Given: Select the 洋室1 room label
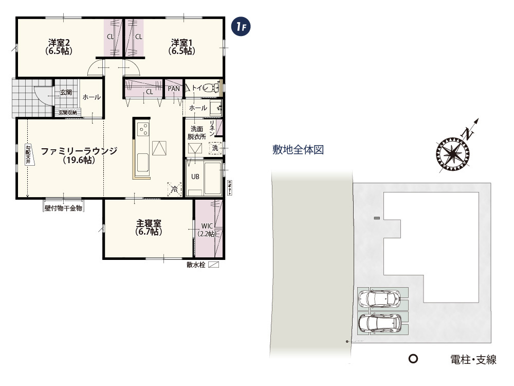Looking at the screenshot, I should point(182,46).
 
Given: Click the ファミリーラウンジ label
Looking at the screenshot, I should point(79,155).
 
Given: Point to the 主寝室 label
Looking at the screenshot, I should point(149,227).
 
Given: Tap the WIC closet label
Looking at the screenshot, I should point(208,230).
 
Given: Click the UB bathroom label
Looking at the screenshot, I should point(195,176).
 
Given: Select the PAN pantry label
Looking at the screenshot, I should point(174,89).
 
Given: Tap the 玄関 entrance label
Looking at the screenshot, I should point(66,93).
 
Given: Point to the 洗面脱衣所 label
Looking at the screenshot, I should point(197,132).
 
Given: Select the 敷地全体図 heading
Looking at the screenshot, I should point(298,150).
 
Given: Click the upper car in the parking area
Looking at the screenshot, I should point(379,298).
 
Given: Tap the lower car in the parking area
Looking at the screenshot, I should point(379,323).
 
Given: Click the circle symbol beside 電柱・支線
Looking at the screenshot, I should point(412,359).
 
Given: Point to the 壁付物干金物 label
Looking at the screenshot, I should point(63,208).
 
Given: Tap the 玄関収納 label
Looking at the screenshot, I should point(67,112).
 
